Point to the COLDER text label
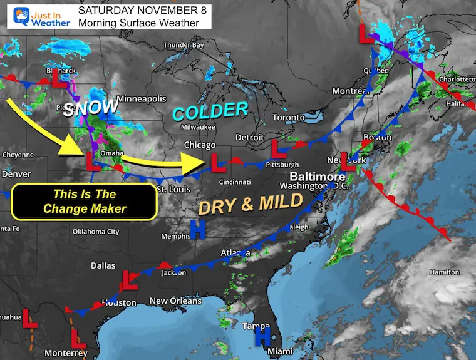pos(210,112)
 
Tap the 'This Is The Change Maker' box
pos(85,202)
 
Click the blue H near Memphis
pos(199,229)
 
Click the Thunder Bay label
pos(184,45)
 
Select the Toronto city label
pos(288,118)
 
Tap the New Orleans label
pos(176,301)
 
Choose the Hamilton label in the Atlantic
pos(444,272)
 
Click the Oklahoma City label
pos(95,232)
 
